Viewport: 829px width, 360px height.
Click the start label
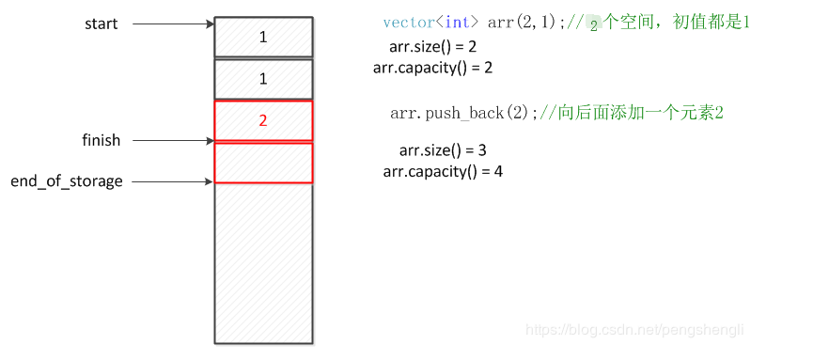[x=101, y=23]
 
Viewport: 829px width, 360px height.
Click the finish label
[x=101, y=140]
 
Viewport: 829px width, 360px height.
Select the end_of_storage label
[x=67, y=180]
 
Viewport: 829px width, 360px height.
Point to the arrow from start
[x=173, y=23]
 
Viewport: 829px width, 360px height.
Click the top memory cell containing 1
[x=263, y=37]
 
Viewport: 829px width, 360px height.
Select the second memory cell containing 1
[x=263, y=79]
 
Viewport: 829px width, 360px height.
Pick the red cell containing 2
[x=263, y=120]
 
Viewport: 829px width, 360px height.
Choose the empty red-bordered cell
[x=263, y=163]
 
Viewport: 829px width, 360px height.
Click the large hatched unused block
[x=263, y=263]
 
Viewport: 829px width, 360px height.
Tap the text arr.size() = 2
[x=432, y=46]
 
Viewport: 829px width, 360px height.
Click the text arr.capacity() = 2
[x=432, y=67]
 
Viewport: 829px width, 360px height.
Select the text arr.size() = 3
[x=442, y=150]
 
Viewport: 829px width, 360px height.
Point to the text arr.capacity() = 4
[x=443, y=171]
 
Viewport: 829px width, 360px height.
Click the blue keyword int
[x=457, y=23]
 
